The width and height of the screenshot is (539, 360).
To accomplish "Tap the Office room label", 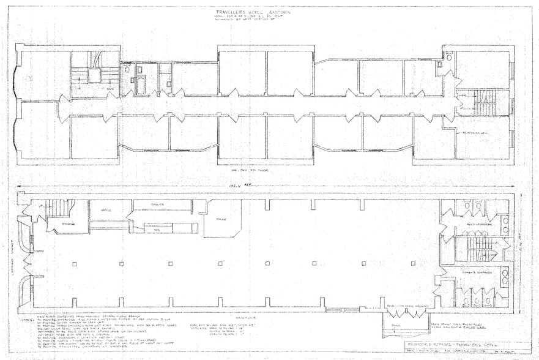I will pos(100,209).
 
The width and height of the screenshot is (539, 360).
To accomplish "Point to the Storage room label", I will pos(69,224).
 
